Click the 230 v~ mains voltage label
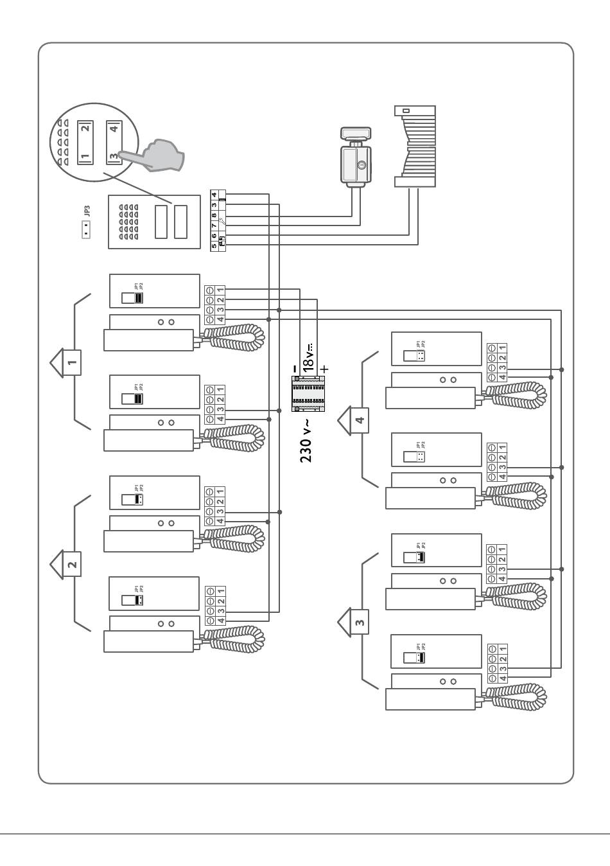point(306,440)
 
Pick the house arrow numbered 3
point(354,621)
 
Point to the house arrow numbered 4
point(354,420)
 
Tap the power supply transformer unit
point(307,393)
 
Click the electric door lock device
point(355,158)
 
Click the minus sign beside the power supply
point(294,369)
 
